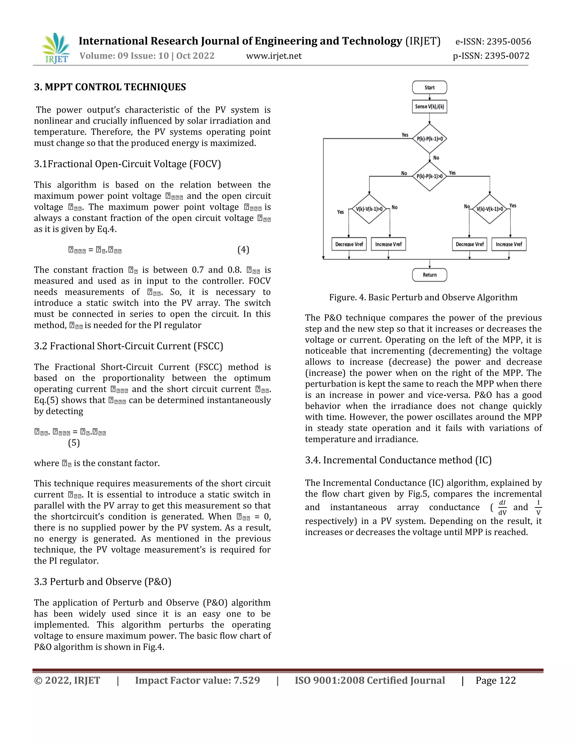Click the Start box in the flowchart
click(429, 87)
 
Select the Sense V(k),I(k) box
click(429, 107)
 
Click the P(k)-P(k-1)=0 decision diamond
click(429, 139)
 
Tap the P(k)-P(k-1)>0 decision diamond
click(429, 176)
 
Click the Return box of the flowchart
click(429, 275)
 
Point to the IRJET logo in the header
click(56, 48)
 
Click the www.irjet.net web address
click(274, 56)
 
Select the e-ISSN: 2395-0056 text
click(493, 42)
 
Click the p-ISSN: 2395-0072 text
click(491, 56)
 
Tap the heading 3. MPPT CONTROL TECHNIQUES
click(110, 87)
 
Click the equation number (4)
click(243, 250)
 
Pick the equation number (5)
click(74, 443)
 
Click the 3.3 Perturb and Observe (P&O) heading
click(102, 582)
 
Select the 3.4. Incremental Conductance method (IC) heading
click(398, 460)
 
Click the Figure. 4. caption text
click(423, 297)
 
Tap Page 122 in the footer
click(496, 681)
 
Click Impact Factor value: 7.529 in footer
click(197, 681)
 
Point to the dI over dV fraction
click(502, 507)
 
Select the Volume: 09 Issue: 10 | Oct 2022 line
click(147, 56)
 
